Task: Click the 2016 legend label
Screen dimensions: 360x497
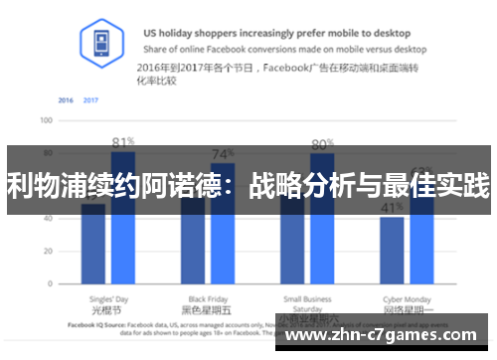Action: point(66,100)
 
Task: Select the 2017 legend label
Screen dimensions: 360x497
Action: point(90,100)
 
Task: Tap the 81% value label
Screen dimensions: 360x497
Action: point(123,141)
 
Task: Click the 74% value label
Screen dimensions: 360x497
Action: point(223,154)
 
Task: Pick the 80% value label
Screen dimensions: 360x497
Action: point(322,144)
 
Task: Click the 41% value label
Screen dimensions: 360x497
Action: point(391,207)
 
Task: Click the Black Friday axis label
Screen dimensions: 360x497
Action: point(208,298)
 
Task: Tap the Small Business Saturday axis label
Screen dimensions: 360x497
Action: point(308,303)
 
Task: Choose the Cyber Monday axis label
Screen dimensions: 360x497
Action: point(406,298)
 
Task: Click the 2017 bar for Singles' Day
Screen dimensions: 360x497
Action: point(123,249)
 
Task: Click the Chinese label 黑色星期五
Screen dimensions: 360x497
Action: point(208,310)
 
